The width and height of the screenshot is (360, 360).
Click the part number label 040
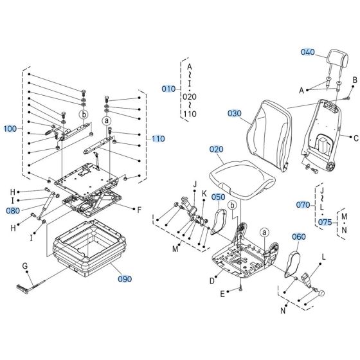[x=309, y=52]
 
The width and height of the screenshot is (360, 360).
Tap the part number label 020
[x=216, y=148]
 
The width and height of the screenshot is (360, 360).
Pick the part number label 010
[x=168, y=88]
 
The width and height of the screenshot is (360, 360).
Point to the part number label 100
[x=11, y=129]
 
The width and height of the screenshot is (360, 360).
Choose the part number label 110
[x=159, y=138]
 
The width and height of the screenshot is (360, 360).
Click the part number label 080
[x=13, y=210]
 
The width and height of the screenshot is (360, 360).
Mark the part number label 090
[x=124, y=279]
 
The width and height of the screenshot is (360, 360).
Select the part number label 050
[x=219, y=197]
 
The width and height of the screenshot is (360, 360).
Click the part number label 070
[x=303, y=205]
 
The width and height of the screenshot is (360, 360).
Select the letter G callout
[x=25, y=265]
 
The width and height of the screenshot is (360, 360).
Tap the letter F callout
[x=139, y=210]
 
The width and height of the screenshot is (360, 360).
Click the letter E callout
[x=222, y=294]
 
